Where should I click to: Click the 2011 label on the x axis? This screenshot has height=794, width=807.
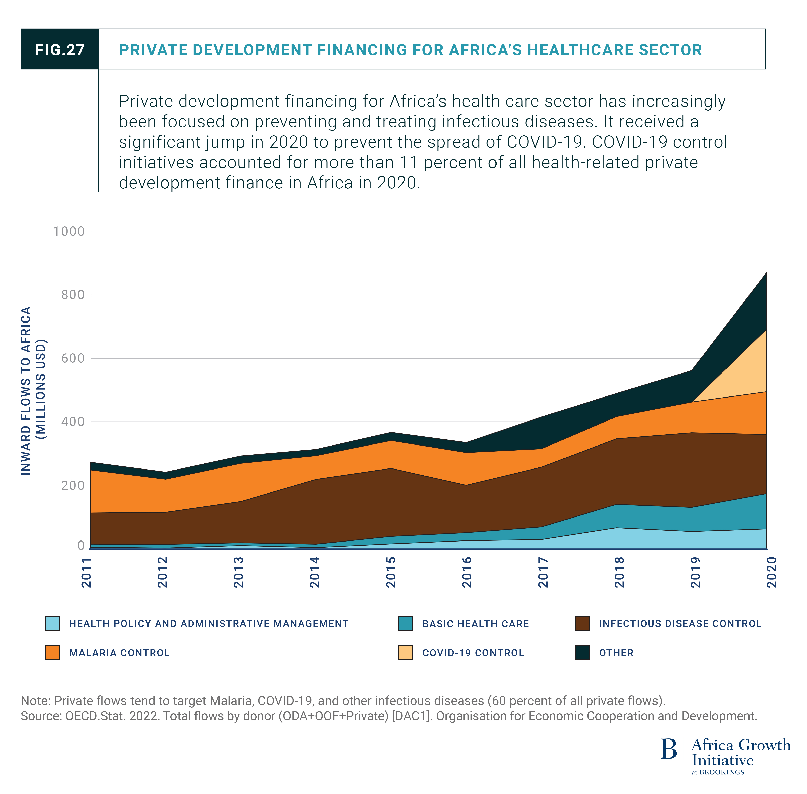pyautogui.click(x=86, y=572)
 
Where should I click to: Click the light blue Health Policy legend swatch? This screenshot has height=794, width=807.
pyautogui.click(x=52, y=623)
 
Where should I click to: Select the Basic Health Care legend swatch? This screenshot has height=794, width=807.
pyautogui.click(x=405, y=623)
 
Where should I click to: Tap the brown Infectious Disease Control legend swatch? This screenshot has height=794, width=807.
pyautogui.click(x=582, y=623)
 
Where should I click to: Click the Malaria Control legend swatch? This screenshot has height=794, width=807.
pyautogui.click(x=52, y=653)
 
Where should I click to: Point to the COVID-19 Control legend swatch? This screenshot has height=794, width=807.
pyautogui.click(x=405, y=653)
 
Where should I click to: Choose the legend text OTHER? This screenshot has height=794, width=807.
pyautogui.click(x=616, y=653)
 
